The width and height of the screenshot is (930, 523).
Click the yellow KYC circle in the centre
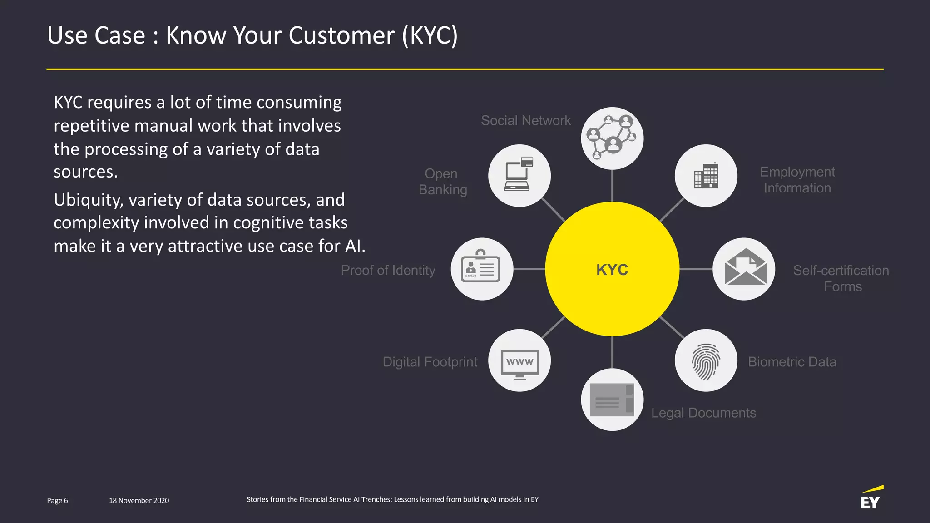[612, 269]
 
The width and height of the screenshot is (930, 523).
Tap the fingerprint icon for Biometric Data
[706, 361]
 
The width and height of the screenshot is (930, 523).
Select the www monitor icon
[519, 362]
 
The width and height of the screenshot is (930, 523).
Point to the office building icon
[706, 176]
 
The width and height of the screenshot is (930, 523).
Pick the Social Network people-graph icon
[612, 138]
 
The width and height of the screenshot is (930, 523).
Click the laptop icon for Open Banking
[519, 175]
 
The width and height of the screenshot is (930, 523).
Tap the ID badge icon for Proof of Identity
[481, 269]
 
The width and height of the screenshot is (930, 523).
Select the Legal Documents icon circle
[612, 400]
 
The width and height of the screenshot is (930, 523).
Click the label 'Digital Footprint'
[430, 362]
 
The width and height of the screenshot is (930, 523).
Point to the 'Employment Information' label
[797, 180]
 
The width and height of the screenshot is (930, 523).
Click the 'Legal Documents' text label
[703, 413]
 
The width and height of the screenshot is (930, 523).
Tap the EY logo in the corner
[871, 498]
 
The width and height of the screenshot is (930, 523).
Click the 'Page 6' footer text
[57, 500]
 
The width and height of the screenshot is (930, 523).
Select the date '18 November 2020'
[139, 500]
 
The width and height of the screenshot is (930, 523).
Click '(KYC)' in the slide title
[430, 35]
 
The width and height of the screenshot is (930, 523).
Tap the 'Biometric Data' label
[791, 362]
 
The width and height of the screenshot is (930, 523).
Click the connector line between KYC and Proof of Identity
[529, 269]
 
